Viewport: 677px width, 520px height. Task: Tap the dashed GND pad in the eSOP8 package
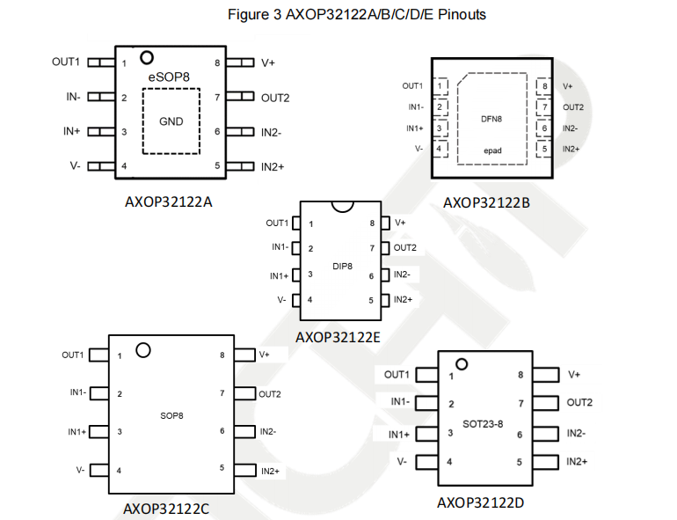[x=171, y=121]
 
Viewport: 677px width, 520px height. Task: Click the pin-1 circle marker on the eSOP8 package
[x=147, y=58]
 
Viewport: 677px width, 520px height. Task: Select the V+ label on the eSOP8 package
[x=268, y=63]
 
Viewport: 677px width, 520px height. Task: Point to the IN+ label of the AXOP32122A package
[x=72, y=131]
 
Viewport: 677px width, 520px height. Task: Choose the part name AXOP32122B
[x=488, y=202]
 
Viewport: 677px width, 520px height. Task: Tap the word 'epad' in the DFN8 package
[x=491, y=150]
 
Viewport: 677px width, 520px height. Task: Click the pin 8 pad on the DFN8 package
[x=543, y=86]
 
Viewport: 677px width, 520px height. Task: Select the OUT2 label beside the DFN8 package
[x=573, y=107]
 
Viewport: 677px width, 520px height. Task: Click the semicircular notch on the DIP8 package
[x=341, y=206]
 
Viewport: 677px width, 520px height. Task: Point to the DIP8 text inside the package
[x=342, y=265]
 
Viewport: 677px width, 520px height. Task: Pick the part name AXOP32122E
[x=338, y=337]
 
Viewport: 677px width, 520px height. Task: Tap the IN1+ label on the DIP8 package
[x=279, y=275]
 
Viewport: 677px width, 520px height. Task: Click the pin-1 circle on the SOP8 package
[x=142, y=350]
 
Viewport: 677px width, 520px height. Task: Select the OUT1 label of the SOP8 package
[x=72, y=355]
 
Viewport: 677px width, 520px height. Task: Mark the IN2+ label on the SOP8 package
[x=270, y=472]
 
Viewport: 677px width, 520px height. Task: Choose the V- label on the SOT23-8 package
[x=401, y=461]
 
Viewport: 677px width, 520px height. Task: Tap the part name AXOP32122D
[x=482, y=502]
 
